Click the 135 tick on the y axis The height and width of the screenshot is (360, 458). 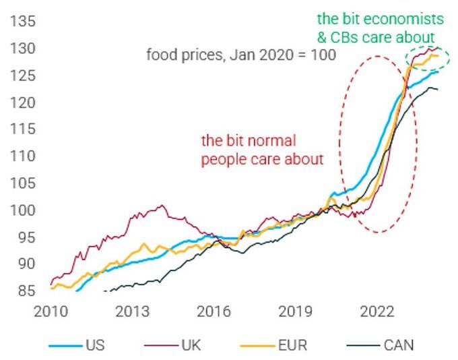pos(22,22)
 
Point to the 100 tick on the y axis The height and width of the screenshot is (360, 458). pos(22,210)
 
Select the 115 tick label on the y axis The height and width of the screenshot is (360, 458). pos(22,129)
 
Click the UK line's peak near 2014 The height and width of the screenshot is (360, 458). pos(160,206)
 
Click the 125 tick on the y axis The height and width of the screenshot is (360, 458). pos(22,76)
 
